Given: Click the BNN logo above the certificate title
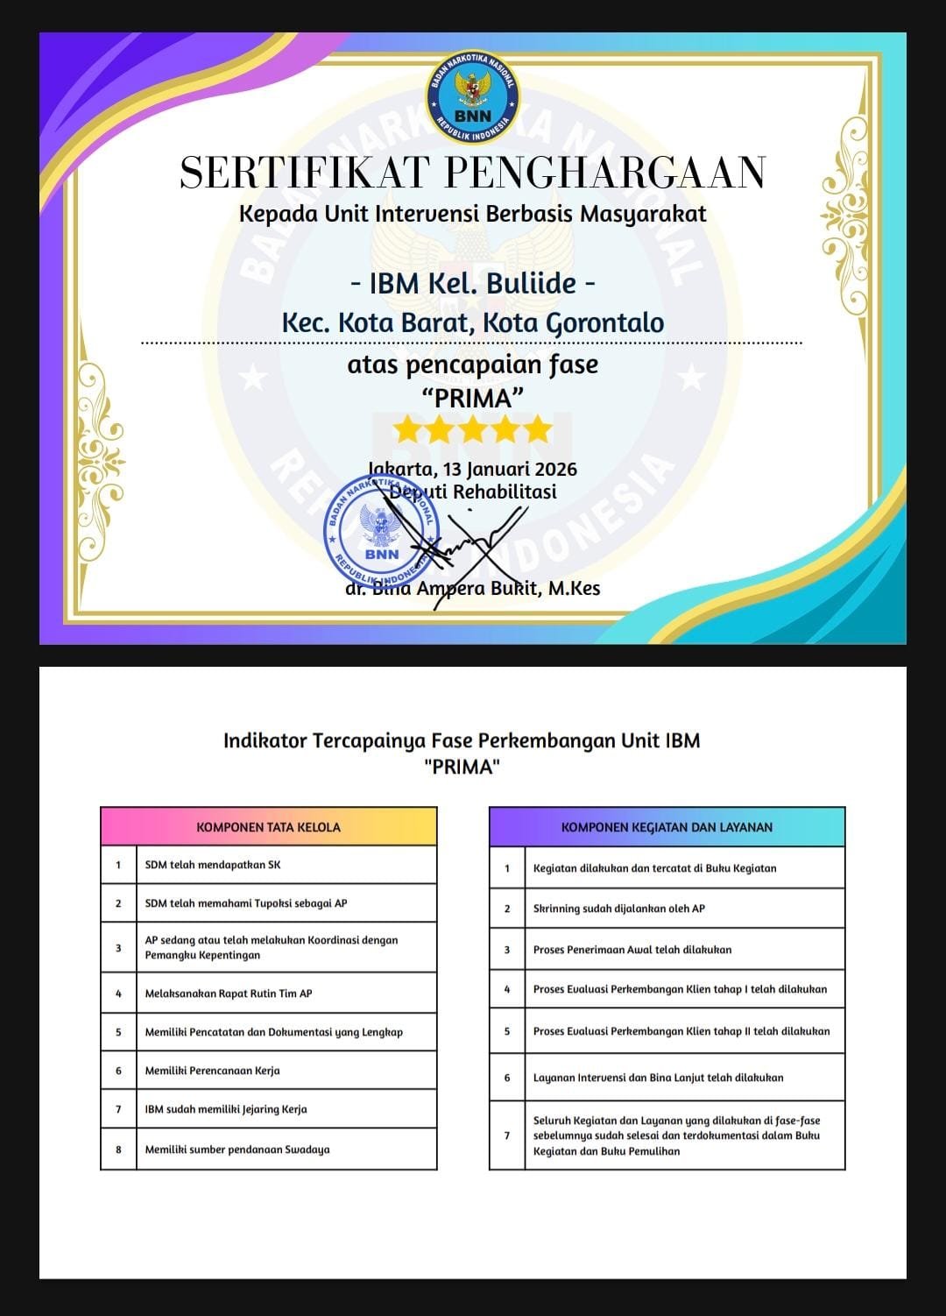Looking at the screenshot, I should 473,97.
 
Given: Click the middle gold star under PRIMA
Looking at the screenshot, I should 473,430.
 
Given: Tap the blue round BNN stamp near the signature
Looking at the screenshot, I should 380,534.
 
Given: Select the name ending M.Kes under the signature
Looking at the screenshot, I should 474,589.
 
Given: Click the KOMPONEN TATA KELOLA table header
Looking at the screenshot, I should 268,827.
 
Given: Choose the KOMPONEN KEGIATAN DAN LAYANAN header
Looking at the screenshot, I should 667,827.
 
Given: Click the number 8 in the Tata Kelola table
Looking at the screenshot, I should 118,1150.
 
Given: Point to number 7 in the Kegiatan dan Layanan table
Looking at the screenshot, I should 507,1136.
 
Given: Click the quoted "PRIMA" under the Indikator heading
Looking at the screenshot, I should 462,768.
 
